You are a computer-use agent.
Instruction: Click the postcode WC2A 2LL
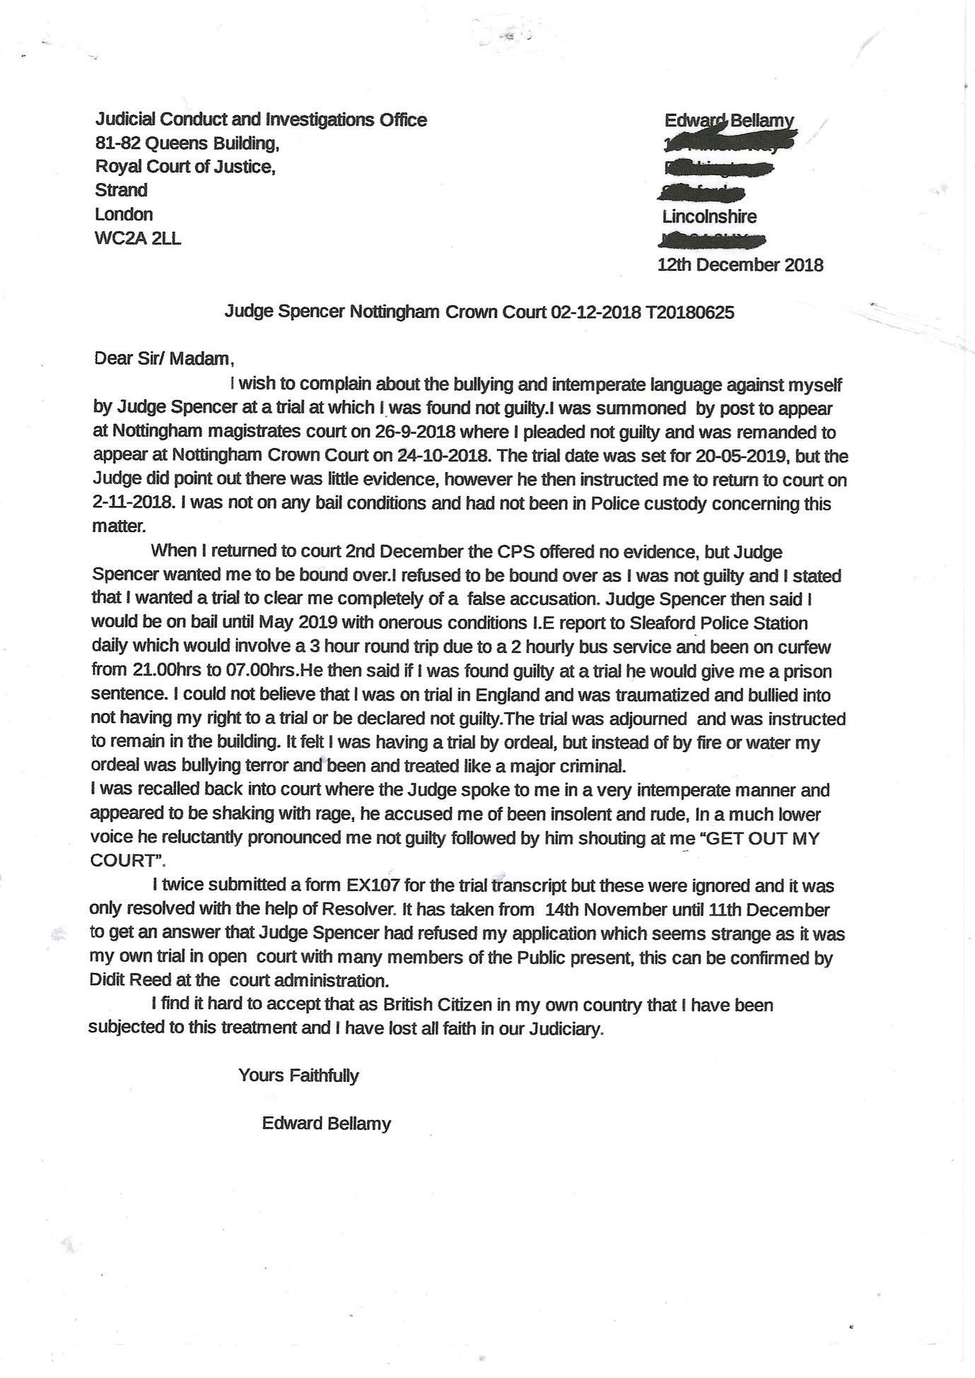[137, 238]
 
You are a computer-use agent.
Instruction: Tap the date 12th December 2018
[740, 265]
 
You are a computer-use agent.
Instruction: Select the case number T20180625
[689, 312]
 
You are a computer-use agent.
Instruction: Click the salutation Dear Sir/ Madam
[163, 358]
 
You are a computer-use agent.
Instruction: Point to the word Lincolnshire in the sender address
[709, 217]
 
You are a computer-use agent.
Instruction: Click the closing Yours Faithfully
[298, 1076]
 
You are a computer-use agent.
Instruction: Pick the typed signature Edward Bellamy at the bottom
[326, 1124]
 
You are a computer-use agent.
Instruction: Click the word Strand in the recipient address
[121, 190]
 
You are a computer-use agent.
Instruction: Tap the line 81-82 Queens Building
[187, 143]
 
